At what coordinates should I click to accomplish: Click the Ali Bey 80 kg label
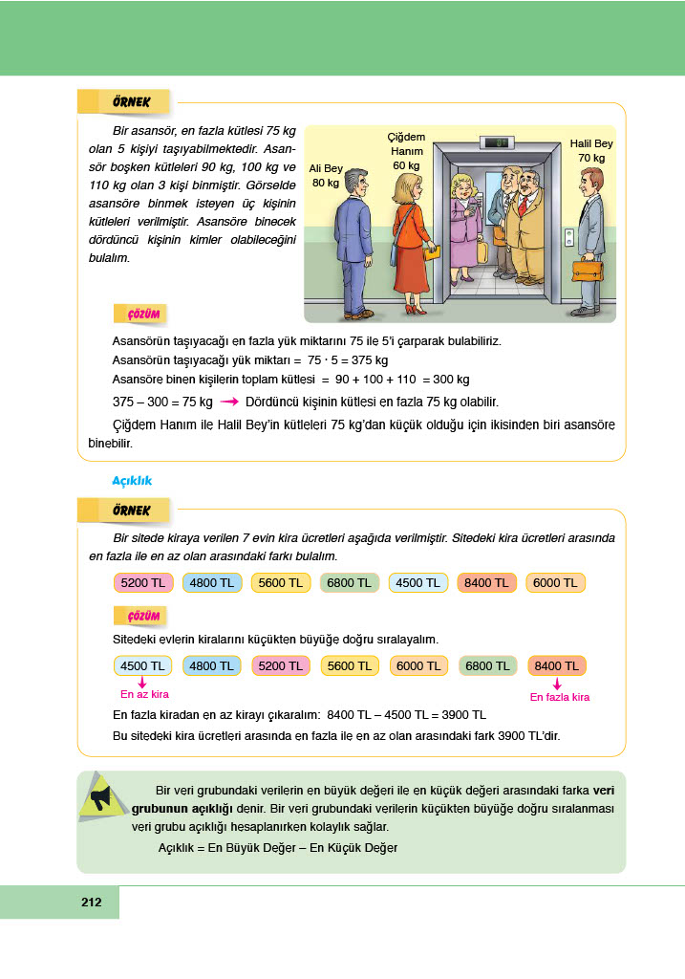click(326, 176)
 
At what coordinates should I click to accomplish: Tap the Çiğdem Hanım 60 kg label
click(406, 151)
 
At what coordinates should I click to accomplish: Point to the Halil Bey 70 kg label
click(591, 150)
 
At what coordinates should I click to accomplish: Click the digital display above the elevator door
click(498, 143)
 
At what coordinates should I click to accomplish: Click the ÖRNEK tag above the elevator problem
click(124, 101)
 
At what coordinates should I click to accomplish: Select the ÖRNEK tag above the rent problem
click(124, 510)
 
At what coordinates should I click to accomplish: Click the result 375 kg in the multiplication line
click(368, 360)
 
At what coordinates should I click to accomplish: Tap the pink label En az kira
click(144, 694)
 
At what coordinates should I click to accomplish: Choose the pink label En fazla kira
click(560, 697)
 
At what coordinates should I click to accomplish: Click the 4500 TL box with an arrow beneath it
click(141, 665)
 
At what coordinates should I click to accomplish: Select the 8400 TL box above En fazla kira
click(557, 665)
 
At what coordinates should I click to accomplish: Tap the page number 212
click(92, 902)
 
